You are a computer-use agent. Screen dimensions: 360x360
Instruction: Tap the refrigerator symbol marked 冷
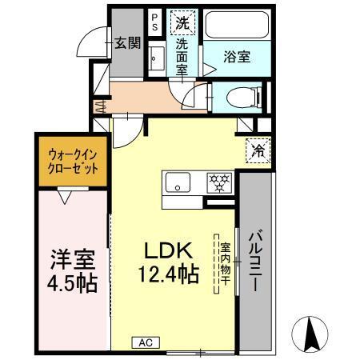260,150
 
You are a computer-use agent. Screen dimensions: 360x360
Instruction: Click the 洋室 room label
74,261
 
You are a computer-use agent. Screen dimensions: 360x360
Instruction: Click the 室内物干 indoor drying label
226,263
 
